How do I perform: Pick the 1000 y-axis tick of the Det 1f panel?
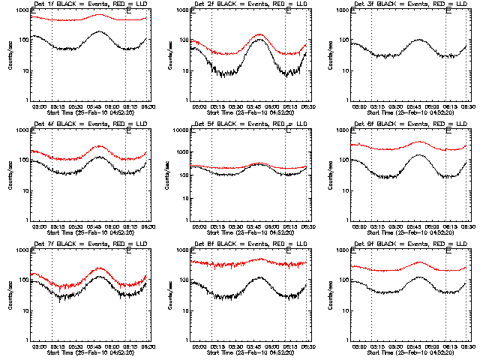(22, 10)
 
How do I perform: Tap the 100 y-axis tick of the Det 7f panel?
(23, 280)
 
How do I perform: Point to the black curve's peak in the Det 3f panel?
(420, 40)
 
